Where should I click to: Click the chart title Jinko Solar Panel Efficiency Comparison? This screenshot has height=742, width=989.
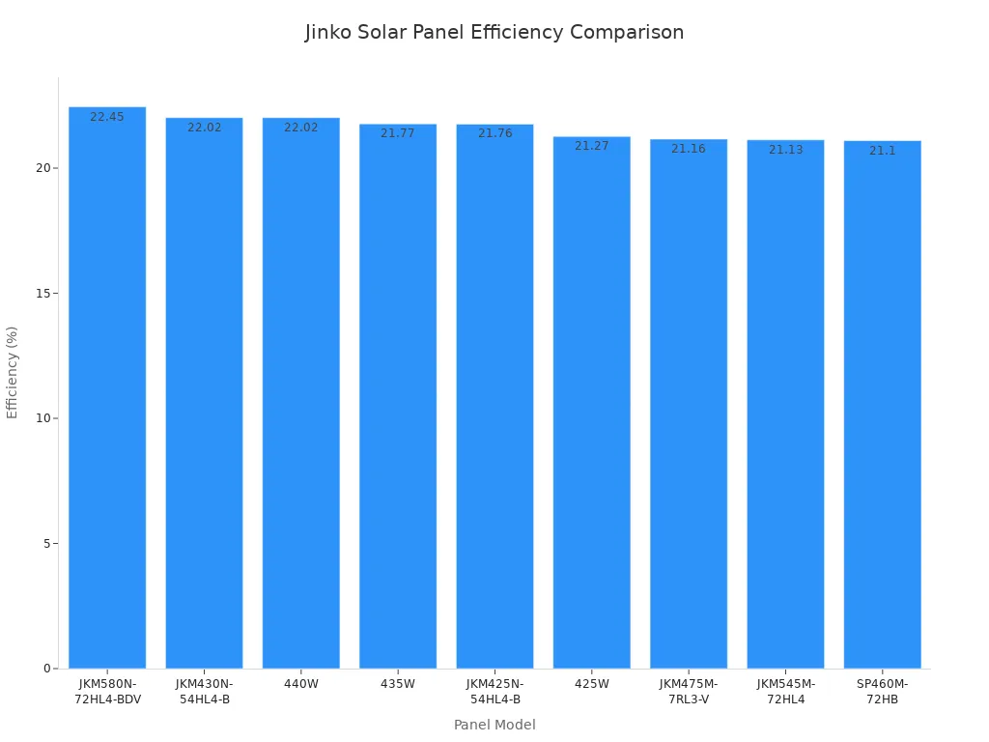(x=494, y=33)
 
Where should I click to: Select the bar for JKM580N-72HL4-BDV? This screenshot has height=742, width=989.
(x=107, y=386)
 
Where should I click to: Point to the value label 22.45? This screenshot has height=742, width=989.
(x=107, y=118)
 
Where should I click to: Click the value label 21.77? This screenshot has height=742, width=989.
(x=397, y=134)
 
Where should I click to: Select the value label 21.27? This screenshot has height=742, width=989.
(x=591, y=147)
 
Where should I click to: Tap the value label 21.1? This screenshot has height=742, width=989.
(x=882, y=152)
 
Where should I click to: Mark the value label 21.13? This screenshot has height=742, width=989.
(x=785, y=151)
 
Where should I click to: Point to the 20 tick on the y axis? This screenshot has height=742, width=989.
(x=43, y=168)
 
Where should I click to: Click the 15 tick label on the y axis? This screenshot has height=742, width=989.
(x=43, y=294)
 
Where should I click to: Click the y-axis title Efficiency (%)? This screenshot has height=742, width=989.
(x=13, y=372)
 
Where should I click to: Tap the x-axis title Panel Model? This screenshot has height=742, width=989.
(x=494, y=726)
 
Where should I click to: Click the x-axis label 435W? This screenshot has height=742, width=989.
(x=397, y=684)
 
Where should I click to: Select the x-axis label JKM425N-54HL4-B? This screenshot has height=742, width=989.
(x=494, y=692)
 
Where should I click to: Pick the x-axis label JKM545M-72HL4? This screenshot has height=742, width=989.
(x=785, y=692)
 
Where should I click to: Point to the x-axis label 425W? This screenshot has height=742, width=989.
(x=591, y=684)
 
